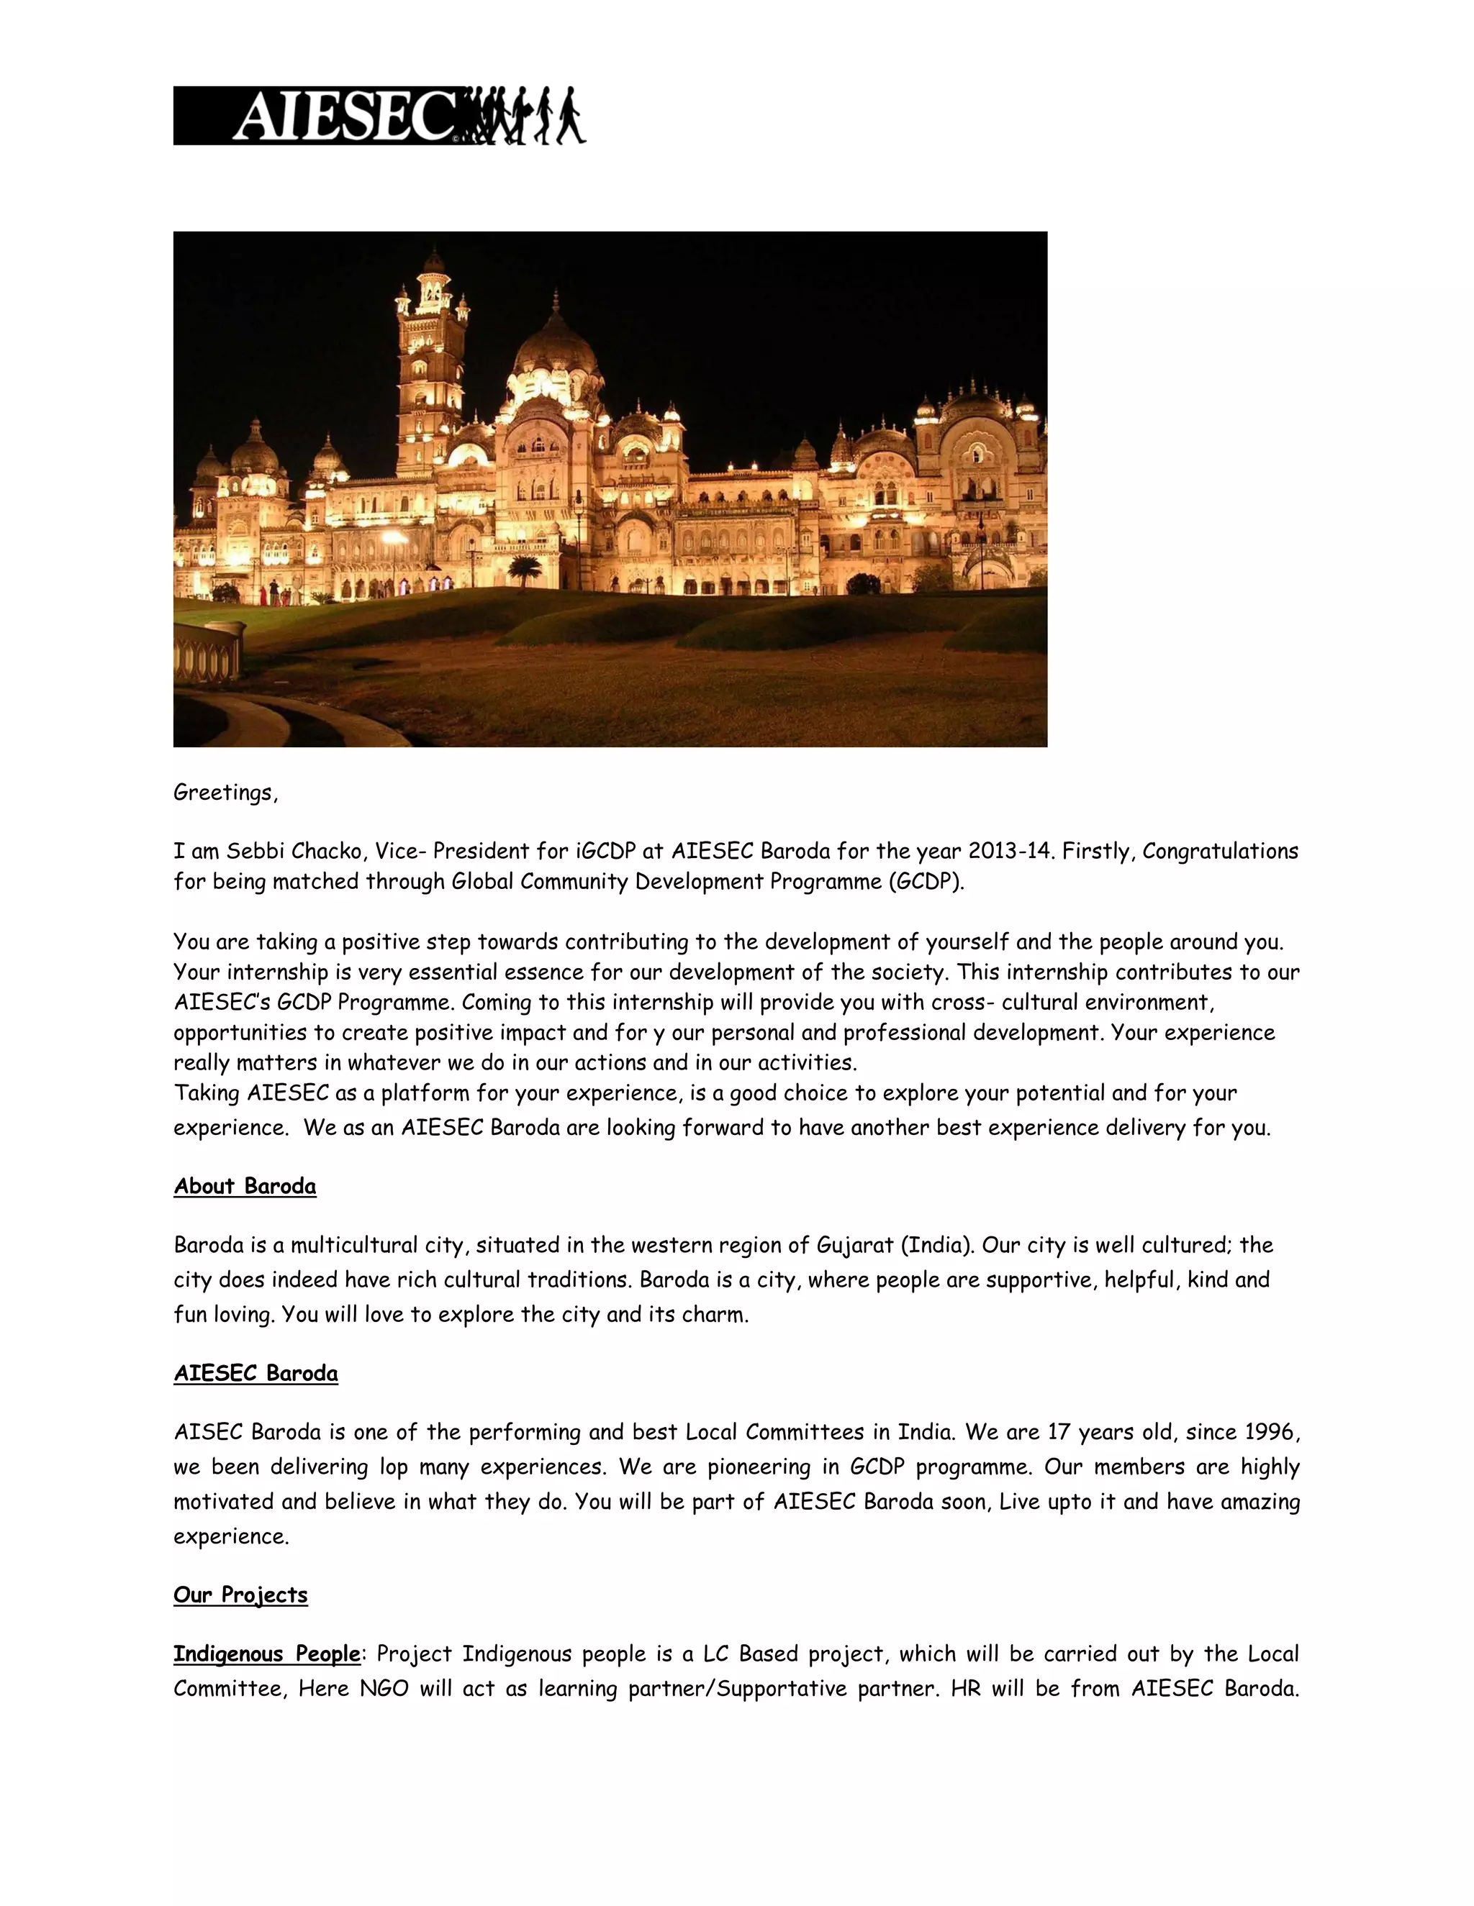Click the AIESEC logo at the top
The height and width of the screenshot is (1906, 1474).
click(x=379, y=115)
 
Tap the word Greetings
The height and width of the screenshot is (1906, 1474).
click(x=224, y=793)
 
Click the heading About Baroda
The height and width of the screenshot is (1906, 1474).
click(x=245, y=1186)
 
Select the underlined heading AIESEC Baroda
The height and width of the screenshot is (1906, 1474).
click(x=255, y=1374)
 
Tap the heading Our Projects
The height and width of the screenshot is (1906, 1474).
click(x=240, y=1595)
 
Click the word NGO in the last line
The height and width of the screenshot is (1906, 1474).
click(x=384, y=1689)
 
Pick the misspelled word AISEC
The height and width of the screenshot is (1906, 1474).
click(x=209, y=1432)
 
